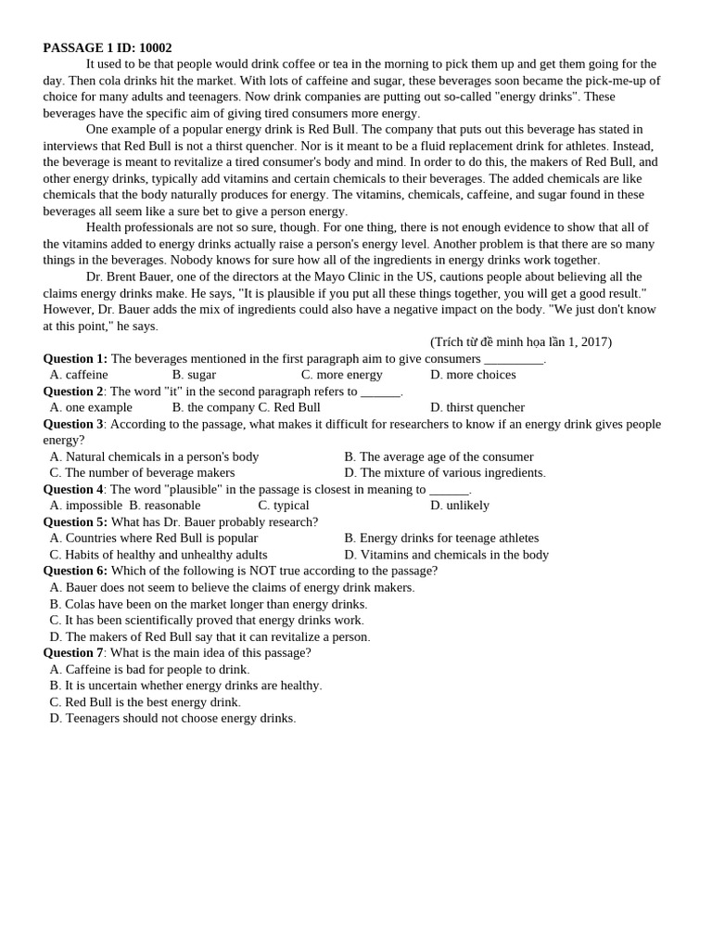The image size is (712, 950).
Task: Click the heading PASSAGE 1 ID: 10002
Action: (x=108, y=47)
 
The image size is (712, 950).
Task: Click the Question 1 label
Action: (x=75, y=358)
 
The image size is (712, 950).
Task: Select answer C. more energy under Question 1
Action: (x=341, y=375)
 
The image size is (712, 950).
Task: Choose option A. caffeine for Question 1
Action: (x=79, y=375)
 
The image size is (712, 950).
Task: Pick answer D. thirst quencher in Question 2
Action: (x=477, y=407)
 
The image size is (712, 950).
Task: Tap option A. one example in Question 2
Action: (x=91, y=407)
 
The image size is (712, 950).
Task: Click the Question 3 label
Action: (x=73, y=424)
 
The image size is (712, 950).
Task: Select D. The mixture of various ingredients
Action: (x=444, y=472)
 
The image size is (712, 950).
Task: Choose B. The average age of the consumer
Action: (x=439, y=456)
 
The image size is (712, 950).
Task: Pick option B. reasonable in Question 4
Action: (x=165, y=506)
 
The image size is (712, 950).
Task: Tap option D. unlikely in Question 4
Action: (x=459, y=506)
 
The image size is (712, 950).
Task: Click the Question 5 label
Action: (x=75, y=521)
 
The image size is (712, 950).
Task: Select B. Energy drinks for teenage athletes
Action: (x=440, y=538)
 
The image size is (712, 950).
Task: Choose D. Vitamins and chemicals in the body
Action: (x=446, y=555)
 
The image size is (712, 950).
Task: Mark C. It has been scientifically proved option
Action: (x=207, y=620)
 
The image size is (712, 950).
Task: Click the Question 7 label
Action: (x=73, y=652)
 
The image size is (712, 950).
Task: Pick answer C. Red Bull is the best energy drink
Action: (x=145, y=701)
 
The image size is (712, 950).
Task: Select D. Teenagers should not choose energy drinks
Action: (x=172, y=718)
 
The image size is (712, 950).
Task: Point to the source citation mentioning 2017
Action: (x=520, y=341)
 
